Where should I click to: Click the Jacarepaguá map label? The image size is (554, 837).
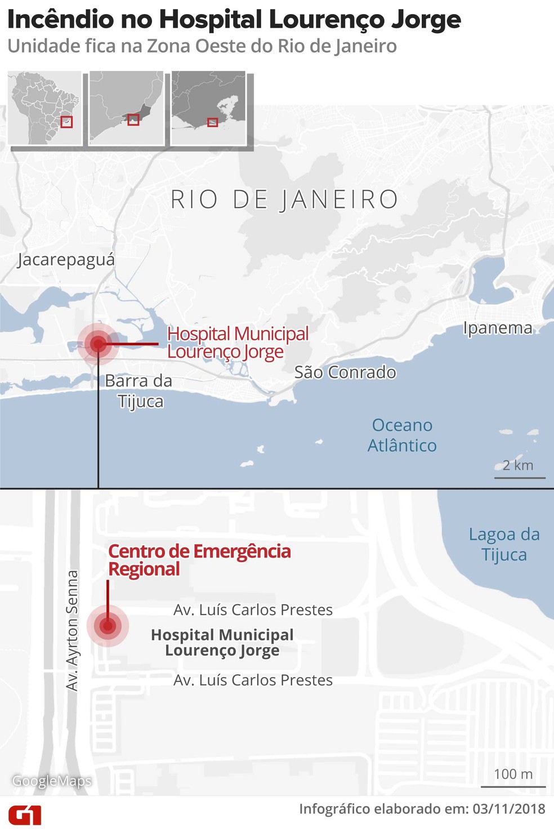click(x=66, y=260)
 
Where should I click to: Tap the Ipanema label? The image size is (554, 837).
click(x=497, y=328)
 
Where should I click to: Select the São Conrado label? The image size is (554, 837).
click(x=345, y=372)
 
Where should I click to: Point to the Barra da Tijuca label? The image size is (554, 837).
click(x=139, y=391)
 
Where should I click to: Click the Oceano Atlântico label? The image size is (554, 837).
click(x=402, y=435)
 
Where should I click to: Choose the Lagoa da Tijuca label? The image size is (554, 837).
click(x=504, y=545)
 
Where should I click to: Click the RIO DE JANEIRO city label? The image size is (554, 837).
click(x=284, y=200)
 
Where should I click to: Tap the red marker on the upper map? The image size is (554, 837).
click(x=98, y=344)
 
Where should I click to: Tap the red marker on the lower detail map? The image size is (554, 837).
click(x=108, y=626)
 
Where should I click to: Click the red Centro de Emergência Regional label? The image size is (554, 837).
click(x=199, y=560)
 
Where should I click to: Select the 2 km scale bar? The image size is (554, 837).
click(x=520, y=477)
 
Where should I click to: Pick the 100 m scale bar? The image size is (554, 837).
click(x=513, y=785)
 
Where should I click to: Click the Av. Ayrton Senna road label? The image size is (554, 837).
click(x=72, y=631)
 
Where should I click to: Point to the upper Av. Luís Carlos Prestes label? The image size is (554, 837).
click(x=253, y=610)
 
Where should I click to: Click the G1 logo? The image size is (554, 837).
click(x=25, y=815)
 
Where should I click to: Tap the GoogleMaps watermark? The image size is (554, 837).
click(x=52, y=781)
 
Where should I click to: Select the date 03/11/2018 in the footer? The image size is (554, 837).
click(x=508, y=809)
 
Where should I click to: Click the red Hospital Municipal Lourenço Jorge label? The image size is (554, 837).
click(x=238, y=342)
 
